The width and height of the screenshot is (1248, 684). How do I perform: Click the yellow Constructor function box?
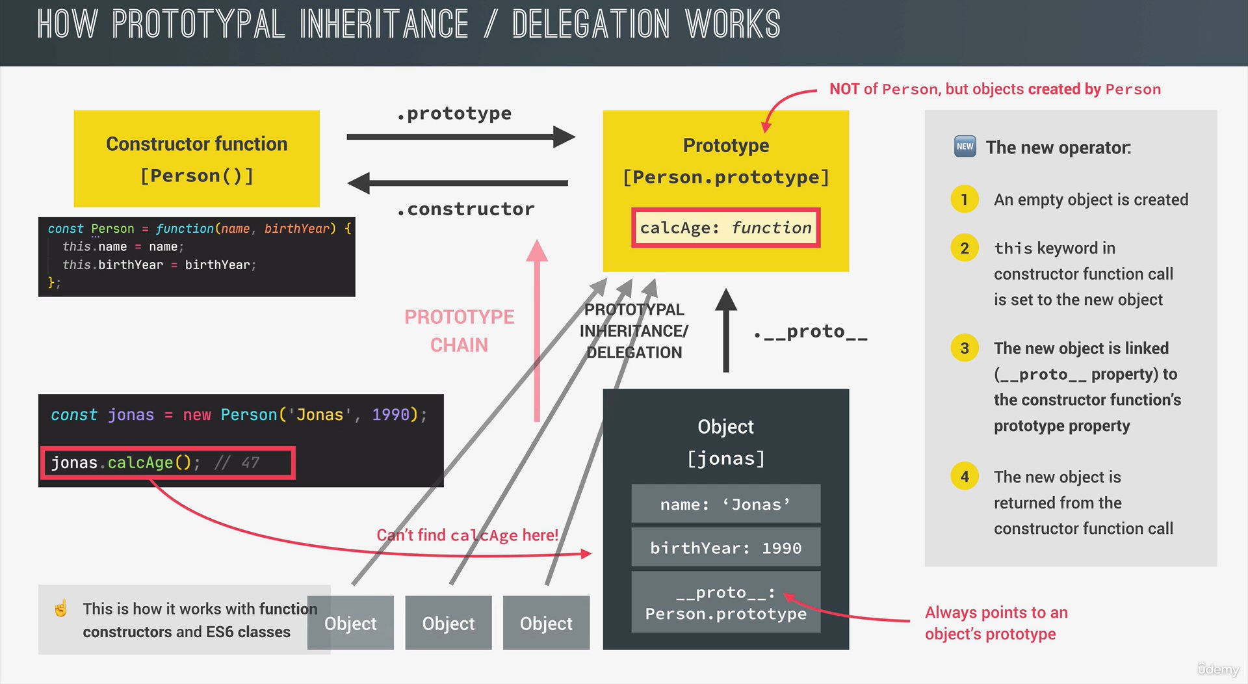click(196, 158)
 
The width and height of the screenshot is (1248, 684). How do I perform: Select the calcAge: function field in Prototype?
click(725, 228)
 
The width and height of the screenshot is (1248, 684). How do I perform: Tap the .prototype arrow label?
click(454, 114)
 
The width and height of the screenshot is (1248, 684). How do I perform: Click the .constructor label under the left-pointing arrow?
click(465, 209)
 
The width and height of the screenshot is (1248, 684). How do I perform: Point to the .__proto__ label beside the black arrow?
click(811, 332)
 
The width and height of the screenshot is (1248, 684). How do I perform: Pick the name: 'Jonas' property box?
click(725, 504)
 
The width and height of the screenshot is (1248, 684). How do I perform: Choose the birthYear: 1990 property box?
click(725, 547)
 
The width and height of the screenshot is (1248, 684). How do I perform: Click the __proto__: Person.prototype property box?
click(725, 603)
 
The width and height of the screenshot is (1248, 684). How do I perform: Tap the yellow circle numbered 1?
click(965, 200)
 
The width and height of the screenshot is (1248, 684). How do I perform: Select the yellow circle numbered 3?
click(965, 349)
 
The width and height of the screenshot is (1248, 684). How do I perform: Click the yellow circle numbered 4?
click(965, 477)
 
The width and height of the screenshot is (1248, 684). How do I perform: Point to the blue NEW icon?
click(965, 146)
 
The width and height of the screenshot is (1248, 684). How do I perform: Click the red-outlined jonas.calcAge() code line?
click(168, 463)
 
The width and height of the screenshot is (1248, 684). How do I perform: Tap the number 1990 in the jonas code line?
click(390, 415)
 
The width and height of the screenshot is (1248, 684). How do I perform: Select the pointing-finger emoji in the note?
click(61, 609)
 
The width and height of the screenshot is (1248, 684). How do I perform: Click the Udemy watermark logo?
click(1218, 669)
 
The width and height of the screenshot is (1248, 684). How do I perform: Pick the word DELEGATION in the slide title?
click(590, 25)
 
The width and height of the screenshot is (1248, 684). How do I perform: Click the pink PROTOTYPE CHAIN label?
click(459, 330)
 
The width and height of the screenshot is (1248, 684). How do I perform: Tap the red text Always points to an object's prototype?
click(995, 623)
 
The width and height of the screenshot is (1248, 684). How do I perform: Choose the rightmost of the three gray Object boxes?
click(546, 623)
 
